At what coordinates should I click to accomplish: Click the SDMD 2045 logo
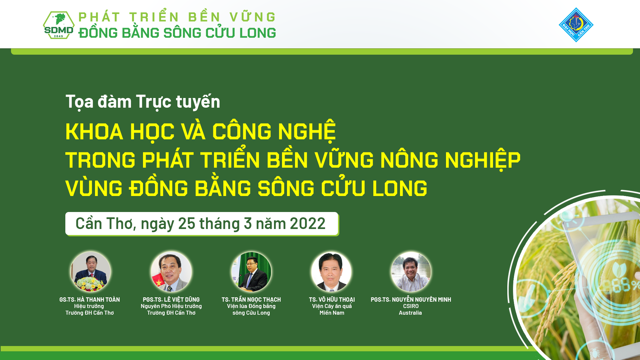pos(59,25)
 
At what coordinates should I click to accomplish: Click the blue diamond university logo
pos(576,25)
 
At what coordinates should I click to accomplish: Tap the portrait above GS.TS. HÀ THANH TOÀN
pos(90,272)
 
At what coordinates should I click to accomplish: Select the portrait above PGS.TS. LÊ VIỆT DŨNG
pos(171,272)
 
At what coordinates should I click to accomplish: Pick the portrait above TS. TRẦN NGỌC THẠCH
pos(251,272)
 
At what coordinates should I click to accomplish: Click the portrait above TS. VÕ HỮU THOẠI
pos(331,272)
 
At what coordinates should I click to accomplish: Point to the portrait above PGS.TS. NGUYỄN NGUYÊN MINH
pos(411,272)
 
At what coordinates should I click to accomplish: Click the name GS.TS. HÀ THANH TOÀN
pos(90,299)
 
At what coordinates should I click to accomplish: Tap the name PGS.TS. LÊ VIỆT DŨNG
pos(171,299)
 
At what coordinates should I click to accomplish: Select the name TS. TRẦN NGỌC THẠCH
pos(251,299)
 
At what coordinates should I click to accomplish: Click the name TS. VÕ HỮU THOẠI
pos(332,299)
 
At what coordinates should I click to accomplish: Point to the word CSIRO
pos(411,306)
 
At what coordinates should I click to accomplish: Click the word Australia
pos(410,313)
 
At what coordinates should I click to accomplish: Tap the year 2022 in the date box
pos(307,223)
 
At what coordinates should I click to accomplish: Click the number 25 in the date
pos(187,223)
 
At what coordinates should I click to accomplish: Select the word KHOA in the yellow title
pos(94,131)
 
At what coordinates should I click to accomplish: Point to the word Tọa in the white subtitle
pos(79,102)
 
